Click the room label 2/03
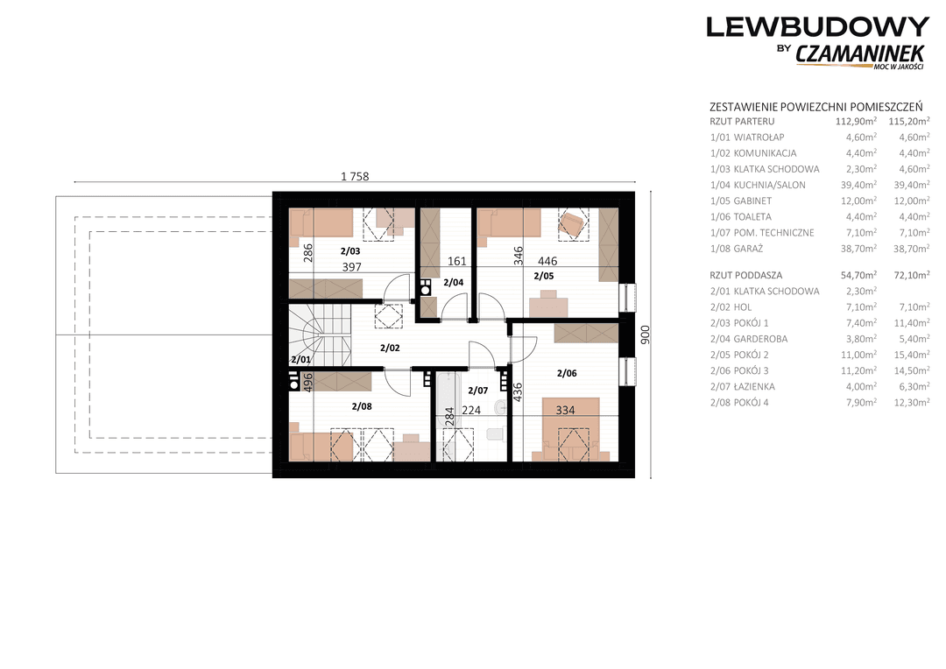tap(349, 251)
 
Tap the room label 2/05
tap(544, 277)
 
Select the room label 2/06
tap(567, 373)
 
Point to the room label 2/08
tap(362, 406)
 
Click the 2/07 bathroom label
tap(478, 391)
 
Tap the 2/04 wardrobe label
tap(453, 282)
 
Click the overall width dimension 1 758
tap(355, 177)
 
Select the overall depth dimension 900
tap(646, 334)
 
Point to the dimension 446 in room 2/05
tap(547, 261)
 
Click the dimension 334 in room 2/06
tap(565, 410)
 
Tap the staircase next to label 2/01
tap(320, 334)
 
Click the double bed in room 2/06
tap(571, 429)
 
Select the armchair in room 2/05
tap(571, 225)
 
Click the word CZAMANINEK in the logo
tap(860, 53)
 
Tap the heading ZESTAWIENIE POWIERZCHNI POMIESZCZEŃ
tap(815, 108)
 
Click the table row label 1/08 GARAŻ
tap(737, 249)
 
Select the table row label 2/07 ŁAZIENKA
tap(743, 387)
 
